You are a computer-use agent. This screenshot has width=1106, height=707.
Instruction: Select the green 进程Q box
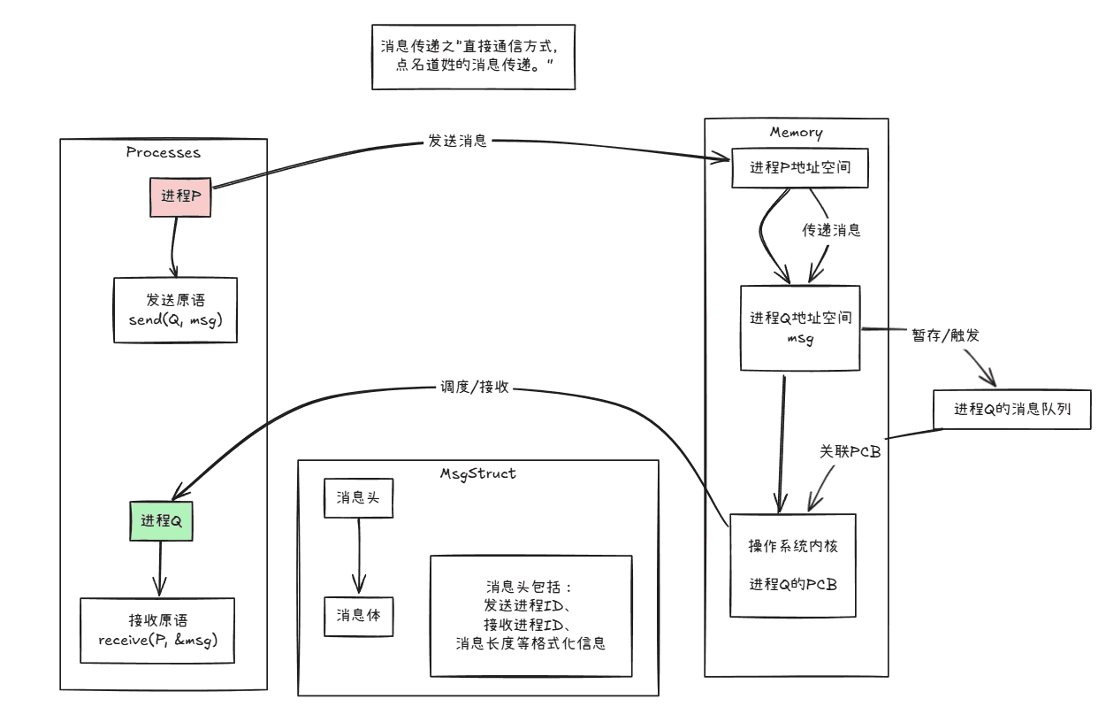click(x=161, y=522)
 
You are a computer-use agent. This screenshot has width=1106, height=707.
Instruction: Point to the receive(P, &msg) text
click(x=158, y=639)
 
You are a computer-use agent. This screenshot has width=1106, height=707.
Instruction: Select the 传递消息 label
click(x=831, y=231)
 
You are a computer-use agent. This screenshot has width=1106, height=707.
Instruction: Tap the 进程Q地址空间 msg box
click(x=800, y=327)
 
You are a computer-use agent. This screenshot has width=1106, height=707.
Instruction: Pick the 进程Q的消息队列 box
click(x=1014, y=410)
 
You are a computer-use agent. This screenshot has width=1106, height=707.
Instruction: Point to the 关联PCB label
click(x=850, y=450)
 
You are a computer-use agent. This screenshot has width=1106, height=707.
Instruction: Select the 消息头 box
click(x=358, y=498)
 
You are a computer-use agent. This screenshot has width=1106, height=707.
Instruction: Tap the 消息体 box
click(x=358, y=615)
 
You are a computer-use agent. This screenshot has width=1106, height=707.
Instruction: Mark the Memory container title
click(x=796, y=133)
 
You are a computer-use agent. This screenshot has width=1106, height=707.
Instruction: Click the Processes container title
click(x=163, y=152)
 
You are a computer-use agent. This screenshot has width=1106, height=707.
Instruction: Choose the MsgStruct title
click(x=477, y=473)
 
